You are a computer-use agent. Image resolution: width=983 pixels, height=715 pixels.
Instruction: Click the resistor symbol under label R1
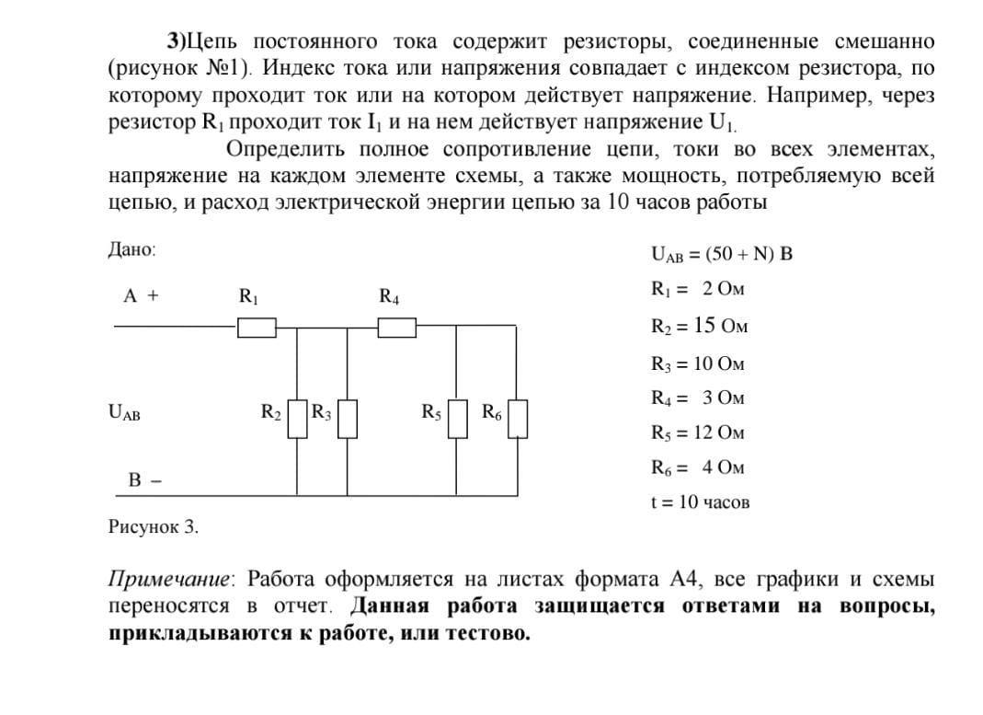tap(257, 327)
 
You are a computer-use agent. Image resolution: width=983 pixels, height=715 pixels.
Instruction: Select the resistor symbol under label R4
tap(397, 327)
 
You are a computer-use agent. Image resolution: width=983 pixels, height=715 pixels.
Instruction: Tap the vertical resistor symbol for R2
tap(296, 419)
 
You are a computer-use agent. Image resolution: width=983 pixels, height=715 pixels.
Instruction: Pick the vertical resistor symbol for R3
tap(347, 419)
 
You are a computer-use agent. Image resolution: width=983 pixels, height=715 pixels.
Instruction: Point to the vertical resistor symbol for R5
tap(458, 419)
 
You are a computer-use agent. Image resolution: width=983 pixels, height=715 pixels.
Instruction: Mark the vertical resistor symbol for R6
tap(518, 419)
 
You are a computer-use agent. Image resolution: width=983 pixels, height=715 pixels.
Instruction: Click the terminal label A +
tap(141, 296)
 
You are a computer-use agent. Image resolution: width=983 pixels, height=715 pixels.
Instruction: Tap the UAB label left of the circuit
tap(124, 413)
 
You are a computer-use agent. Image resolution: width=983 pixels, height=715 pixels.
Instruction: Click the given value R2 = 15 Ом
tap(697, 326)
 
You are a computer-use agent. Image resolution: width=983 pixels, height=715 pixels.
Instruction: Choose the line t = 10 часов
tap(699, 502)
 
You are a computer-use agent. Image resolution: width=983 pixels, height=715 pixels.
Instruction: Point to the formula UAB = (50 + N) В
tap(721, 254)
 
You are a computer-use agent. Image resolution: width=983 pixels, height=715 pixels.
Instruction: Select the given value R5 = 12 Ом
tap(697, 432)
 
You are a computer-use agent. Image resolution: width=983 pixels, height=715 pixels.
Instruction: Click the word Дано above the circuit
tap(132, 250)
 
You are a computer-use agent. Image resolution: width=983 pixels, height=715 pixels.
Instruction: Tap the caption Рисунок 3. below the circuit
tap(154, 527)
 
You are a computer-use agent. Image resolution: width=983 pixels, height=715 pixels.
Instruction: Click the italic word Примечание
tap(171, 580)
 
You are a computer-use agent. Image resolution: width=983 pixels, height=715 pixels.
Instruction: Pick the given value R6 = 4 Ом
tap(697, 467)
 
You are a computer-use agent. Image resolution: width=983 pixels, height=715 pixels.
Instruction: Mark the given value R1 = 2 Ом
tap(697, 289)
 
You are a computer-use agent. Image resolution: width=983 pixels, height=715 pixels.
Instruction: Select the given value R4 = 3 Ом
tap(697, 398)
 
